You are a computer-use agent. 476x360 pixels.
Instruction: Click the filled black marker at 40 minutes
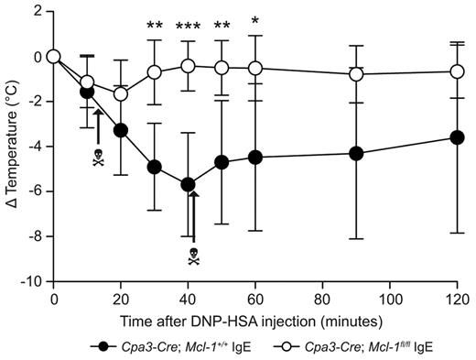coord(189,184)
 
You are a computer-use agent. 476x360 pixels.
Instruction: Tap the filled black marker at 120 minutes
coord(457,137)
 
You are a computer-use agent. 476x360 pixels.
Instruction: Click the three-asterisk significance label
coord(189,26)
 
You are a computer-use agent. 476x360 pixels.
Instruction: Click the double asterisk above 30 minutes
coord(155,26)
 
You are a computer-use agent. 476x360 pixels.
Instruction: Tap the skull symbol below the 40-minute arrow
coord(193,257)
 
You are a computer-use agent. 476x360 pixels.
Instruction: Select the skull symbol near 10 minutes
coord(98,159)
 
